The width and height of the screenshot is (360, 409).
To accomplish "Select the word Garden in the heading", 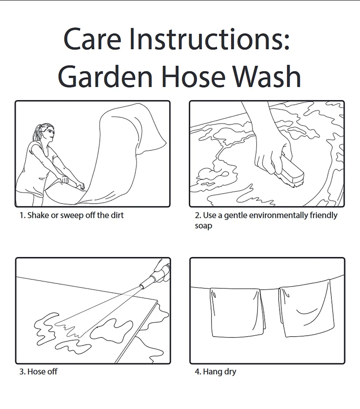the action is [x=105, y=76].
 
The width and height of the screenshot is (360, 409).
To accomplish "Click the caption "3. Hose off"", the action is [x=38, y=371].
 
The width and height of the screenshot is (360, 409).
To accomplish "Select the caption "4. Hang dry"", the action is [x=215, y=372].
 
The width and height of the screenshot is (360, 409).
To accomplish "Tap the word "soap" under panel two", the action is [x=203, y=226].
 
